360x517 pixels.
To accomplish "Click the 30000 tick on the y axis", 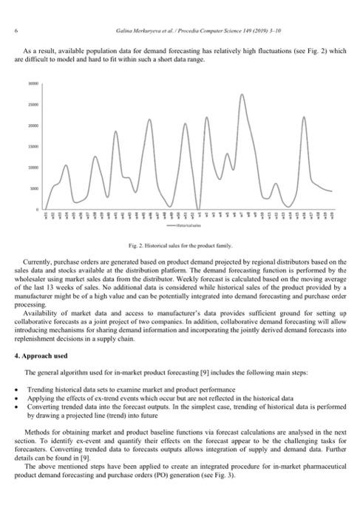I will (33, 85).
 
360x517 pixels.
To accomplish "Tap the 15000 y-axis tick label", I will (33, 147).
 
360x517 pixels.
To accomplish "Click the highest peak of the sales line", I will (242, 95).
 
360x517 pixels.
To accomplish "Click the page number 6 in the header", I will (16, 30).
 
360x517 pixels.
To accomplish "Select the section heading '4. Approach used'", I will (39, 357).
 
